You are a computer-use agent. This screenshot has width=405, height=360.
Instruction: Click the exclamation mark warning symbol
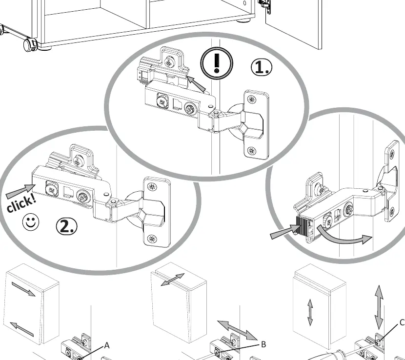coord(217,63)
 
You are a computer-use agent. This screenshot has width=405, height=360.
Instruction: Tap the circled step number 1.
coord(262,67)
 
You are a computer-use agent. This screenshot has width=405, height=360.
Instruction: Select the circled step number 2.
coord(67,226)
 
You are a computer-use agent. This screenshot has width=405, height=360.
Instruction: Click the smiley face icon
coord(31,222)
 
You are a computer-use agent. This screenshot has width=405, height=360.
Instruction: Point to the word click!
coord(21,202)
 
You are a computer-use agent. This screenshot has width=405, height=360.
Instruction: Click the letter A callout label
coord(107,345)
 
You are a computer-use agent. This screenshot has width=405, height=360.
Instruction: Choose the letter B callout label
coord(263,344)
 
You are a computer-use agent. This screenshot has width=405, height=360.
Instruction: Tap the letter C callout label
coord(402,322)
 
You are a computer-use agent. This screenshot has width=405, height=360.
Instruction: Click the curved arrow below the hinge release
coord(344,236)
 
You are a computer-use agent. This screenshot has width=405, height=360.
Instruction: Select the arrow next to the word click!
coord(20,191)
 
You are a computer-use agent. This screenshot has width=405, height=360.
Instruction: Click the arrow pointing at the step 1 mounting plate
coord(196,83)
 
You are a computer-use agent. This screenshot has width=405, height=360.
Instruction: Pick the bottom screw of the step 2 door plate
coord(152,239)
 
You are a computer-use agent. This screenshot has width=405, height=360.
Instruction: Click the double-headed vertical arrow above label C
coord(379,307)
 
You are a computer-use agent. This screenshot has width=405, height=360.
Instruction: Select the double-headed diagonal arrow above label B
coord(237,330)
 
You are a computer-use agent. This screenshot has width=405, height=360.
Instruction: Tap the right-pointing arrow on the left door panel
coord(23,289)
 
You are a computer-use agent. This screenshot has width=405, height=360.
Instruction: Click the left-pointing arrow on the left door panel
coord(21,329)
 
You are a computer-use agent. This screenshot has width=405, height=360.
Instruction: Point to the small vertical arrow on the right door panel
coord(310,312)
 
